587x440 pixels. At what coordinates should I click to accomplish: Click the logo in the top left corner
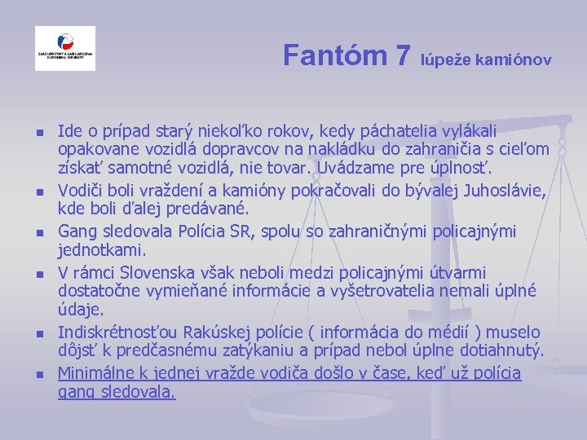65,49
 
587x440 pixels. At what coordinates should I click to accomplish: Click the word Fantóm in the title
335,55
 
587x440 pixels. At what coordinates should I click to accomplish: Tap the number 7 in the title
402,55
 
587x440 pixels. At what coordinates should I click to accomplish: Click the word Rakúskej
215,332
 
